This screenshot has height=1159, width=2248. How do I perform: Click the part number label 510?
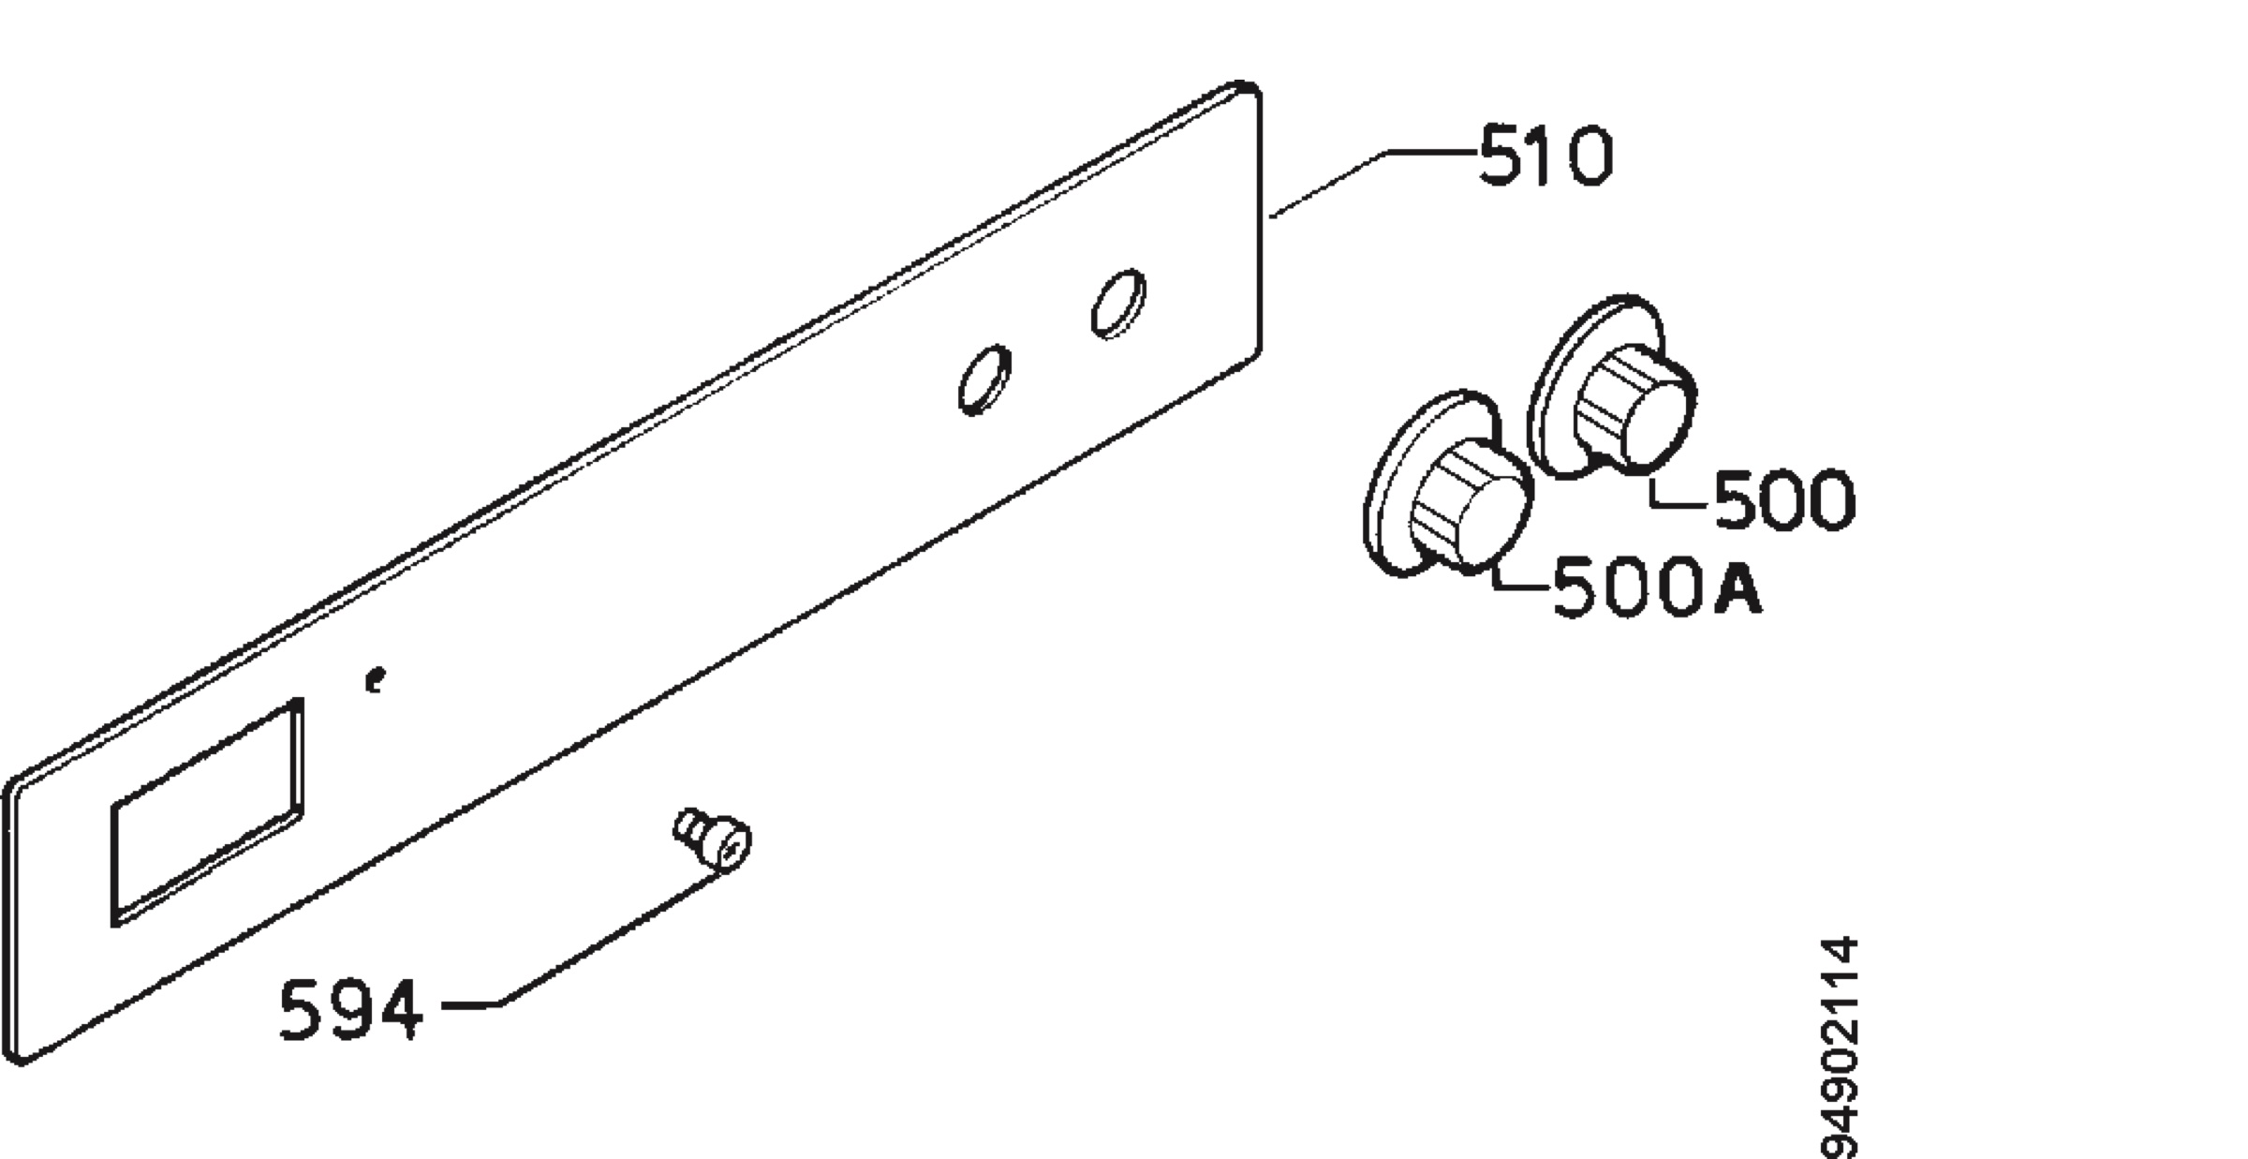tap(1546, 156)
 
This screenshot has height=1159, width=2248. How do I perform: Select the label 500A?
tap(1657, 587)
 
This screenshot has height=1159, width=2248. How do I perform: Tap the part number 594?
tap(350, 1009)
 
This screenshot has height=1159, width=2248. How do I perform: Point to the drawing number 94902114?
tap(1838, 1047)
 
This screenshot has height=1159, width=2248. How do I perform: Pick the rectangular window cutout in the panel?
tap(207, 811)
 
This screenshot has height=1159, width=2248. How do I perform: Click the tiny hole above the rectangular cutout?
tap(375, 679)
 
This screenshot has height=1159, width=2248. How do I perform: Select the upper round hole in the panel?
tap(1118, 302)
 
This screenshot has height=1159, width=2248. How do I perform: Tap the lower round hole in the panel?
tap(984, 379)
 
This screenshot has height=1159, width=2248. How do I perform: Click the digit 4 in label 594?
tap(397, 1010)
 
